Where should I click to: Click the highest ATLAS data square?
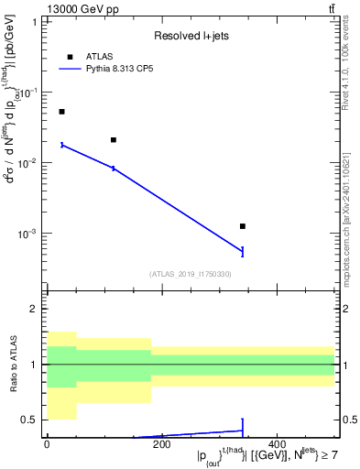[61, 112]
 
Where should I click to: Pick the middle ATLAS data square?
[114, 140]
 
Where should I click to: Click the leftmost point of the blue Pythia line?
[61, 145]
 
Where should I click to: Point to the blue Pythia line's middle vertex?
[114, 169]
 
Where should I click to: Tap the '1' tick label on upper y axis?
[34, 21]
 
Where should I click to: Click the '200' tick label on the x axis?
[161, 444]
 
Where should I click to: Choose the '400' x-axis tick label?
[277, 444]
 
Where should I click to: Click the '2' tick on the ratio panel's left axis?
[34, 310]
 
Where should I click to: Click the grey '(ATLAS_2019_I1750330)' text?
[191, 274]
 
